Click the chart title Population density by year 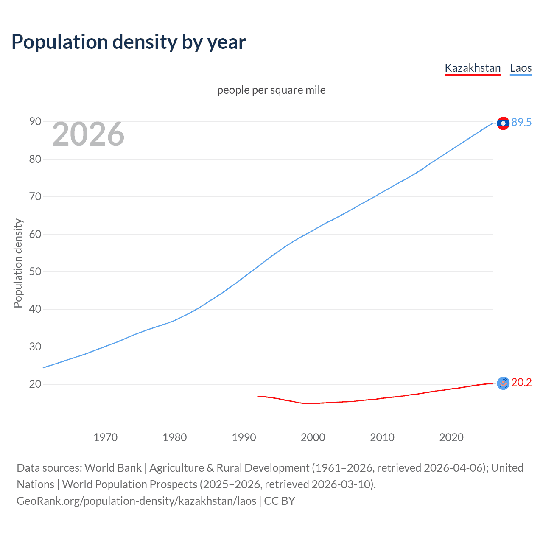pyautogui.click(x=129, y=42)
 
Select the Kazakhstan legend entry pyautogui.click(x=473, y=68)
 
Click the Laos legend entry pyautogui.click(x=521, y=68)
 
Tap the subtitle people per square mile pyautogui.click(x=271, y=90)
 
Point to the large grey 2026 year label pyautogui.click(x=88, y=134)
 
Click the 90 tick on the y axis pyautogui.click(x=35, y=122)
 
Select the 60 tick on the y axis pyautogui.click(x=35, y=234)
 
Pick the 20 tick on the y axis pyautogui.click(x=35, y=384)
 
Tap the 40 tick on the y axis pyautogui.click(x=35, y=309)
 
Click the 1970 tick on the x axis pyautogui.click(x=106, y=437)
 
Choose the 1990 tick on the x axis pyautogui.click(x=244, y=437)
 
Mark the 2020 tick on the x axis pyautogui.click(x=451, y=437)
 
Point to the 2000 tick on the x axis pyautogui.click(x=313, y=437)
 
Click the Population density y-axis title pyautogui.click(x=18, y=263)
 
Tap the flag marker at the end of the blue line pyautogui.click(x=503, y=123)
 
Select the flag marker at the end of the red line pyautogui.click(x=503, y=383)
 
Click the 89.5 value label pyautogui.click(x=521, y=123)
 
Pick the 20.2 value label pyautogui.click(x=521, y=383)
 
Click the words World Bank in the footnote pyautogui.click(x=113, y=468)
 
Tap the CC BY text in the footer pyautogui.click(x=279, y=501)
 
